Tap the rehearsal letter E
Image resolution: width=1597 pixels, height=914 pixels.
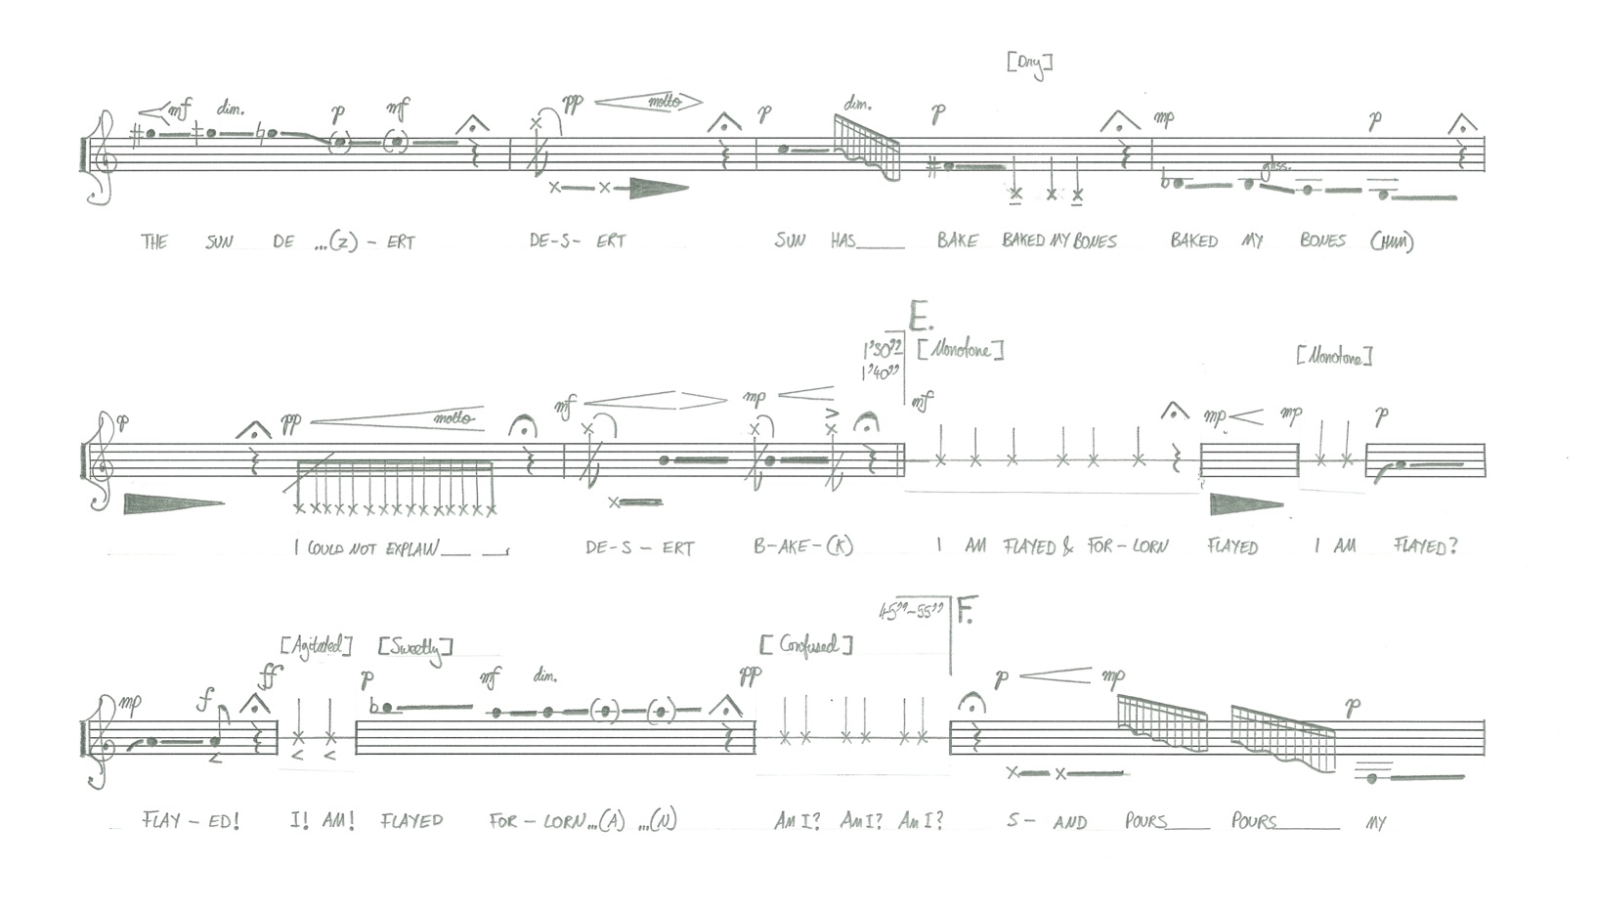click(x=920, y=318)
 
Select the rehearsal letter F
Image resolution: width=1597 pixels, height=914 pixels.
click(x=966, y=612)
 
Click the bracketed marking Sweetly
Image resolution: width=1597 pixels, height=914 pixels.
click(x=415, y=648)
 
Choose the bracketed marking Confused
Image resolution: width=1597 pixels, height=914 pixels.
click(x=806, y=645)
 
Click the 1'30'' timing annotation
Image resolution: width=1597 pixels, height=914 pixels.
click(x=881, y=350)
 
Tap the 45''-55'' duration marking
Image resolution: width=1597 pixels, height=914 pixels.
click(x=910, y=612)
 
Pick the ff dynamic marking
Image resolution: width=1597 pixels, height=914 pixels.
click(x=269, y=675)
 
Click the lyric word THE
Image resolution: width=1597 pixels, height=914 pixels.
click(x=154, y=241)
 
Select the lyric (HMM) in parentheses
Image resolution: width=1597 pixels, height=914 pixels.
click(x=1391, y=241)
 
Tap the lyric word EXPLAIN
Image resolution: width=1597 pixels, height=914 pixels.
click(x=411, y=547)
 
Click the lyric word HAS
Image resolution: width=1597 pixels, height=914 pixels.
click(x=842, y=240)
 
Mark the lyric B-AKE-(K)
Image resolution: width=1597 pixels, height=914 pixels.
click(x=802, y=546)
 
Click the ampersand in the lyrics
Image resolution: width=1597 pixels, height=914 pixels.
click(x=1067, y=547)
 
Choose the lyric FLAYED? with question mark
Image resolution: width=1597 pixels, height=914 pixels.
click(x=1425, y=546)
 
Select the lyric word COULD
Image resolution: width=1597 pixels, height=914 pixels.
click(x=325, y=548)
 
